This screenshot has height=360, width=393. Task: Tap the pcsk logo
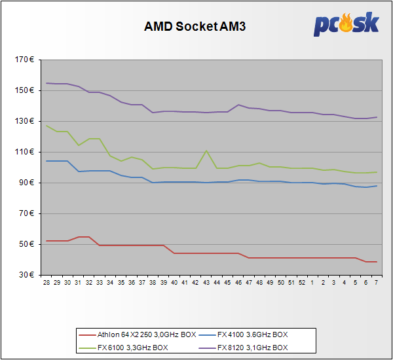click(x=346, y=24)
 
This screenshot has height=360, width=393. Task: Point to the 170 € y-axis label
click(x=26, y=60)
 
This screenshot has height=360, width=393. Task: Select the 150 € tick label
click(x=26, y=90)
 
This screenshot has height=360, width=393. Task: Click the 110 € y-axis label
click(x=26, y=152)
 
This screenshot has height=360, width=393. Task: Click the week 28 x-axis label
click(x=47, y=283)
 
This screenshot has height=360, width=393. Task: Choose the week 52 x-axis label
click(x=301, y=283)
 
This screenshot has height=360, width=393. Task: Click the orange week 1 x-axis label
click(x=312, y=283)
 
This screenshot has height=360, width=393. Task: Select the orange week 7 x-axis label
click(x=375, y=283)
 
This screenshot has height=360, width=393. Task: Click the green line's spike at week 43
click(x=206, y=151)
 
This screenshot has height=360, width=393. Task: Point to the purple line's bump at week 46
click(x=238, y=105)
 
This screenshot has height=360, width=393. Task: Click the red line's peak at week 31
click(x=79, y=237)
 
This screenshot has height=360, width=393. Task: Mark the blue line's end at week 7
click(x=375, y=186)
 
